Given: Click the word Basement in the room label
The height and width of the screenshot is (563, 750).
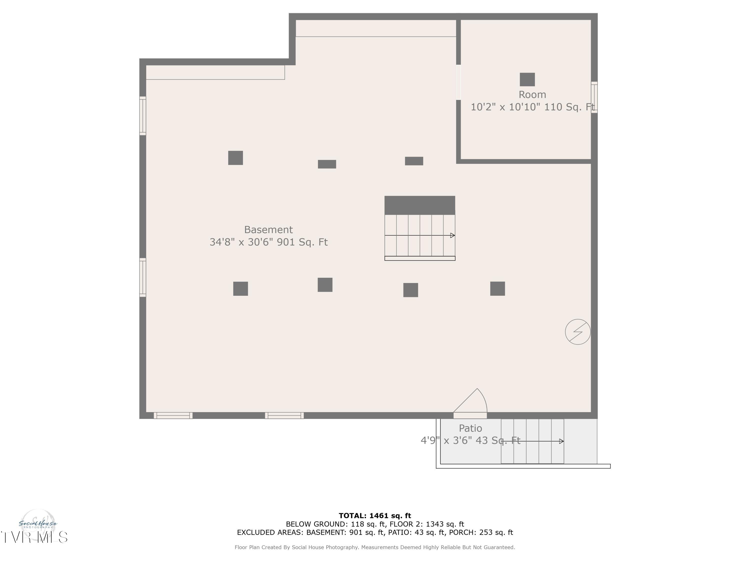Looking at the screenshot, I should click(x=268, y=230).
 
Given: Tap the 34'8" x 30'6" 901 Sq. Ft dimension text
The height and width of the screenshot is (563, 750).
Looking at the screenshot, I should click(x=268, y=242).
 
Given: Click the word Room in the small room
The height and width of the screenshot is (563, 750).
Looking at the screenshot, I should click(x=532, y=95).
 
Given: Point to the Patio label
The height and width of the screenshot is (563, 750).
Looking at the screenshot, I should click(x=470, y=428).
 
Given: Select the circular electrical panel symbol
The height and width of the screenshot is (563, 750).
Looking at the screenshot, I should click(x=578, y=332).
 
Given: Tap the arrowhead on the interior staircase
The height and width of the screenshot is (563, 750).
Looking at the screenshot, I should click(x=452, y=235).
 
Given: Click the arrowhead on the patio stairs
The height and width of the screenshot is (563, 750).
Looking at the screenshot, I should click(x=561, y=441).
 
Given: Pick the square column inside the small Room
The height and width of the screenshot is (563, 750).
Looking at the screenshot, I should click(x=527, y=79).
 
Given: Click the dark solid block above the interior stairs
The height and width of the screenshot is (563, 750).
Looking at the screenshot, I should click(x=420, y=205).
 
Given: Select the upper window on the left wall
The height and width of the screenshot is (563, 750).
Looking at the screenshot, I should click(x=143, y=116).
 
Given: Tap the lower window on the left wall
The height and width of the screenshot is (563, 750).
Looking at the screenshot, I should click(x=143, y=277).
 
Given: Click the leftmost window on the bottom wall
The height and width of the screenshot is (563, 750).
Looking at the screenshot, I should click(x=173, y=415).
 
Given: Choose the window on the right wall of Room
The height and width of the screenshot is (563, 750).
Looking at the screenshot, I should click(x=594, y=97).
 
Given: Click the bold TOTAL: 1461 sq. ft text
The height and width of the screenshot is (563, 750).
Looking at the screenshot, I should click(x=375, y=516).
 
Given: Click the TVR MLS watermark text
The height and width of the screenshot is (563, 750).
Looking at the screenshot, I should click(x=34, y=537).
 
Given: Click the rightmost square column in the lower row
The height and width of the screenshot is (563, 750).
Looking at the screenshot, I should click(x=497, y=289).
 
